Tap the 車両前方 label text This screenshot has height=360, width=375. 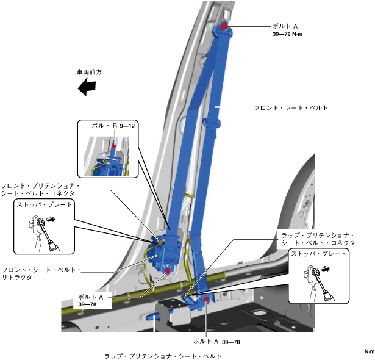pyautogui.click(x=89, y=72)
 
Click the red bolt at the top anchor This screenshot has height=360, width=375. pyautogui.click(x=224, y=26)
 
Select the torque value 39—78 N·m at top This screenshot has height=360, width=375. pyautogui.click(x=288, y=35)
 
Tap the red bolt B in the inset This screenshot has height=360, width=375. pyautogui.click(x=114, y=147)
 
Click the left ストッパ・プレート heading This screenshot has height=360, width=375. pyautogui.click(x=45, y=204)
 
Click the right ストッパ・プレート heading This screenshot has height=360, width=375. pyautogui.click(x=320, y=253)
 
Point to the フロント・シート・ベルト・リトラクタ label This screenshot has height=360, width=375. pyautogui.click(x=41, y=273)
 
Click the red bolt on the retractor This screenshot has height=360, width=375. pyautogui.click(x=167, y=270)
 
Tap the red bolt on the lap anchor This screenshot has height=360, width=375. pyautogui.click(x=207, y=298)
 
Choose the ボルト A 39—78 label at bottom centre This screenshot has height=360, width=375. pyautogui.click(x=212, y=341)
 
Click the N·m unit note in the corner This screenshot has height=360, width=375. pyautogui.click(x=369, y=352)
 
